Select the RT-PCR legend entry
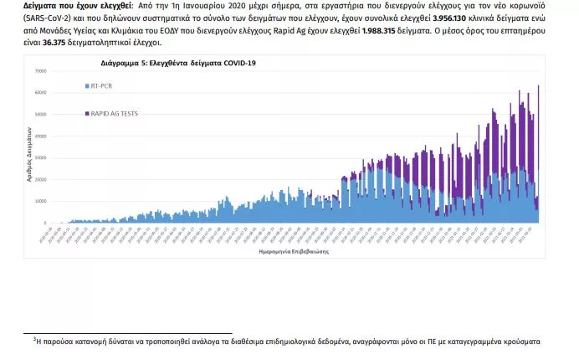(x=101, y=86)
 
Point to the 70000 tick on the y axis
(x=39, y=70)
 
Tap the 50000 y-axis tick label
(x=39, y=114)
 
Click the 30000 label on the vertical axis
(x=39, y=157)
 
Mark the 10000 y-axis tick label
(x=39, y=201)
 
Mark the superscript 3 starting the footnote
(x=34, y=339)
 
